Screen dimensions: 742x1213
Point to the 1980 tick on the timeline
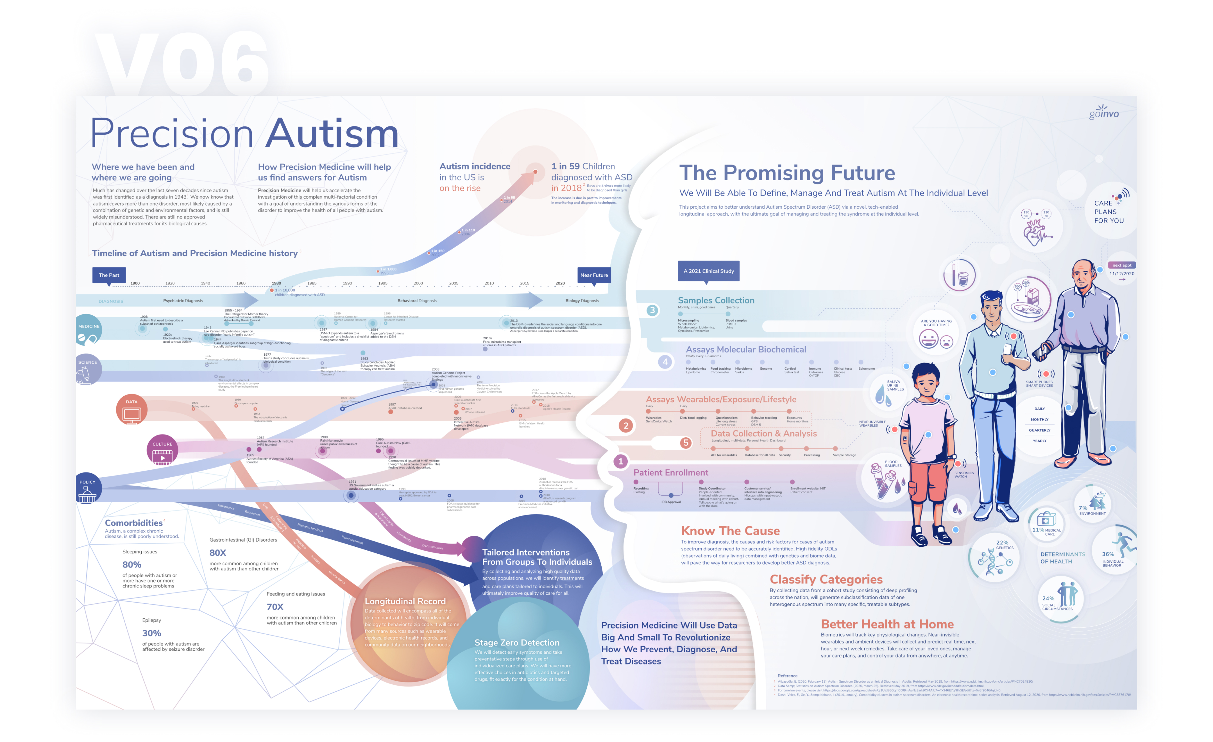[277, 284]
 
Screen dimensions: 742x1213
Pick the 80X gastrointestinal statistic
[218, 553]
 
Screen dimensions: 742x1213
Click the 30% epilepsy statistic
[152, 633]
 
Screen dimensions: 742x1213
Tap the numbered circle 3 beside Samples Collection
[652, 310]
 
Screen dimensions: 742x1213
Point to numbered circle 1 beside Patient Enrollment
[620, 461]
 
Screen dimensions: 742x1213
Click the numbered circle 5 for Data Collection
[685, 443]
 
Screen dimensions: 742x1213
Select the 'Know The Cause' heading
[730, 531]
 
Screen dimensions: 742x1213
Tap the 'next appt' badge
[1121, 265]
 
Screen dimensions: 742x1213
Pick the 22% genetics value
[1002, 542]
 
